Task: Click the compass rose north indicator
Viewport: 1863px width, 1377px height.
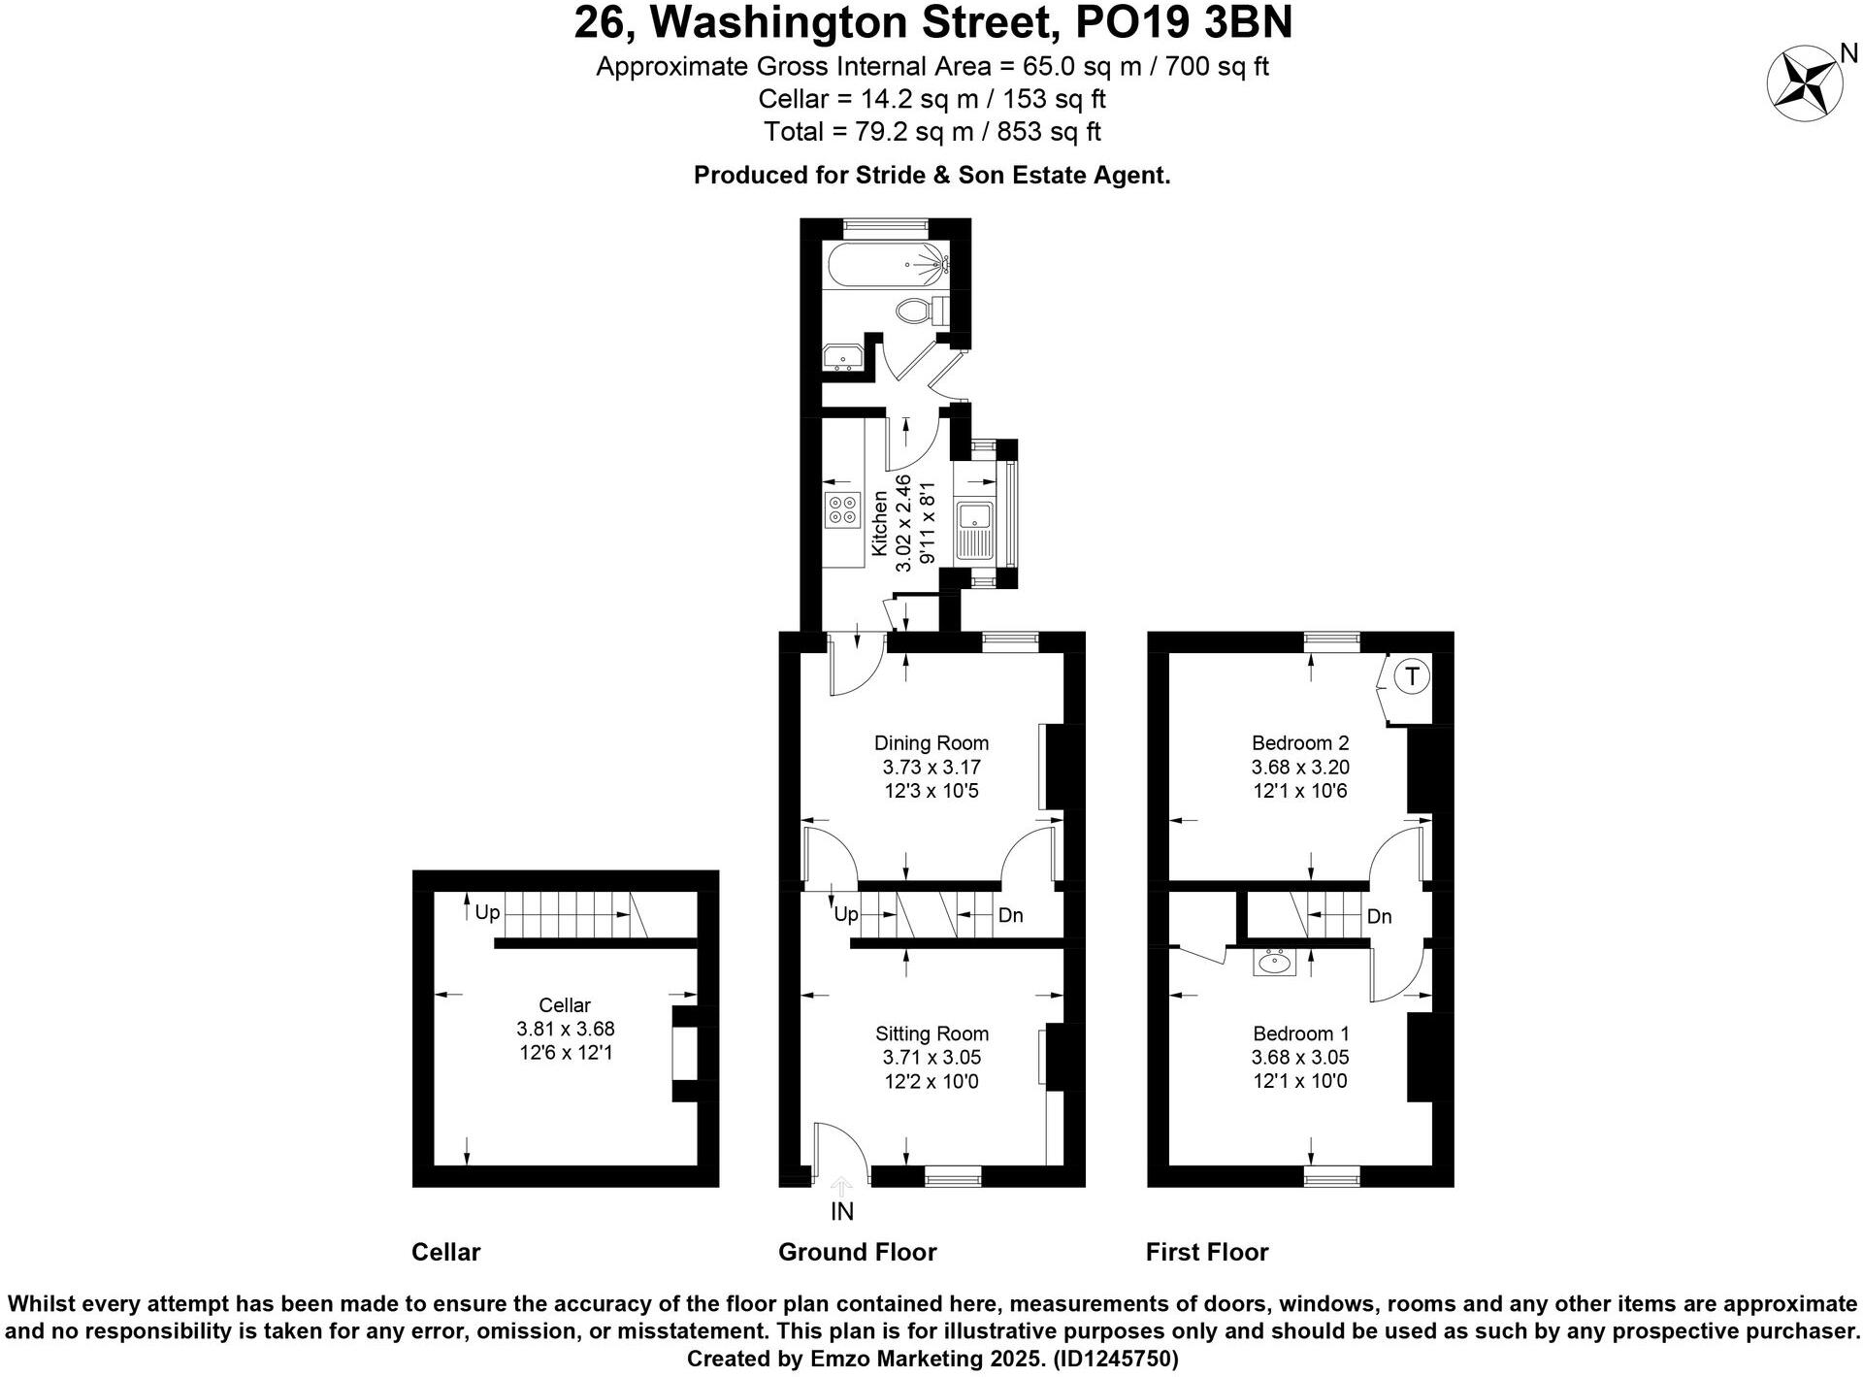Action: click(1804, 85)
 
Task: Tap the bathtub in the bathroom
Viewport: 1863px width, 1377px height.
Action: click(884, 264)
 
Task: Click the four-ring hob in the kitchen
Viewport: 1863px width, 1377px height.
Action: click(842, 509)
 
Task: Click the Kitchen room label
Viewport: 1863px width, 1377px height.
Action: click(879, 523)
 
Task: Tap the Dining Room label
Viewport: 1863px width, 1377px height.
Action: click(931, 743)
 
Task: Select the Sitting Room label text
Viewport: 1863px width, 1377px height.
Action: click(931, 1033)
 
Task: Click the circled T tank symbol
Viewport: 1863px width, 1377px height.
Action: click(1412, 676)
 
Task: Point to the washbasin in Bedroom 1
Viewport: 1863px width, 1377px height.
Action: click(1273, 964)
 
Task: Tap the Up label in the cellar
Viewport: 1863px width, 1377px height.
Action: click(487, 912)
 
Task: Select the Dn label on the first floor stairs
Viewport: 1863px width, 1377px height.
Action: click(1379, 916)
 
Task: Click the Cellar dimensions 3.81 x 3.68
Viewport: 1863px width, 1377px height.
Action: click(565, 1029)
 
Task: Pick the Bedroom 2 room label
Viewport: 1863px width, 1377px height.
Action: click(1299, 743)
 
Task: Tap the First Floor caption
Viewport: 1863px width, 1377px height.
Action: click(1206, 1252)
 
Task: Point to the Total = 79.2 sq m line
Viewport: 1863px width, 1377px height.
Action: click(931, 131)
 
